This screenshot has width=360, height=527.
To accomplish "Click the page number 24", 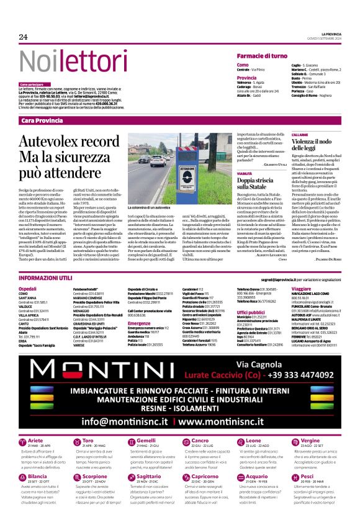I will (24, 37).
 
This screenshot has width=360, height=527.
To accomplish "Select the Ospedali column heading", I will (27, 289).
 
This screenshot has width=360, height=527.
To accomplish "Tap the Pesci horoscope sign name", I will (323, 477).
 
